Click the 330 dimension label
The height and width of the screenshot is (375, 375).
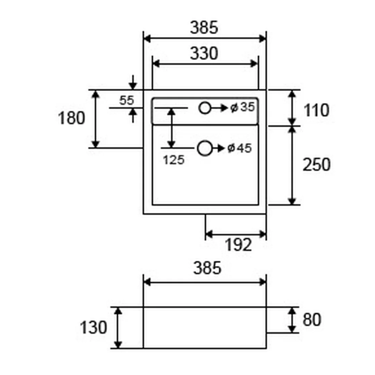point(204,53)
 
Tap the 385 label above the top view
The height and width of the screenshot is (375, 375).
point(204,27)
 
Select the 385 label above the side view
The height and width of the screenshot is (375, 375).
point(207,268)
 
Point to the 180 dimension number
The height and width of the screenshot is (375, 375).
point(72,118)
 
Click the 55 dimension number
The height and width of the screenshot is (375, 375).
point(126,100)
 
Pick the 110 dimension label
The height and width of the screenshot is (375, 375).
point(316,110)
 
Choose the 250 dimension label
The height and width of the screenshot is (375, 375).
point(316,165)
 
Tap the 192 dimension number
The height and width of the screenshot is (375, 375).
point(239,245)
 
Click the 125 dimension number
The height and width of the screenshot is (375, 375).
point(174,160)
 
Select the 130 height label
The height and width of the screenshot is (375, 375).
point(93,327)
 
